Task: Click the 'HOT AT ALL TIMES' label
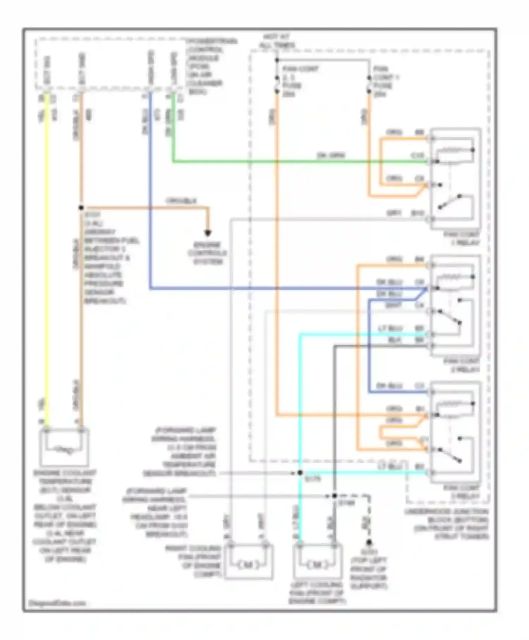pyautogui.click(x=277, y=41)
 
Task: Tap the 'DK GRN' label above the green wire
pyautogui.click(x=331, y=155)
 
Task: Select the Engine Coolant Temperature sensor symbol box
pyautogui.click(x=65, y=447)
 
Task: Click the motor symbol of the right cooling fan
pyautogui.click(x=249, y=565)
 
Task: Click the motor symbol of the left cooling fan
pyautogui.click(x=317, y=565)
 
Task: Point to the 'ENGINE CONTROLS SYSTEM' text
pyautogui.click(x=207, y=253)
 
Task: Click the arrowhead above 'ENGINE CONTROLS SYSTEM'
pyautogui.click(x=208, y=233)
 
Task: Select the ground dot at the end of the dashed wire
pyautogui.click(x=369, y=542)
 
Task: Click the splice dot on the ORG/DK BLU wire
pyautogui.click(x=81, y=208)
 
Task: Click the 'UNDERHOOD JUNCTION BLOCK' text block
pyautogui.click(x=446, y=524)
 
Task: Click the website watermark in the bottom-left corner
pyautogui.click(x=57, y=603)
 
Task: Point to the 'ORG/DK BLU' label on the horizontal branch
pyautogui.click(x=181, y=201)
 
